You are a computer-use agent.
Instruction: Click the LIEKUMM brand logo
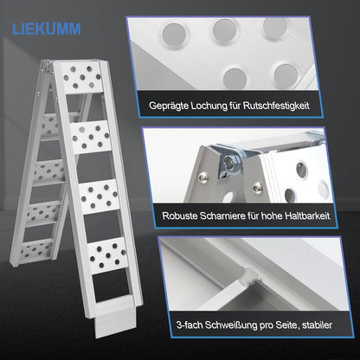[x=47, y=29]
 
